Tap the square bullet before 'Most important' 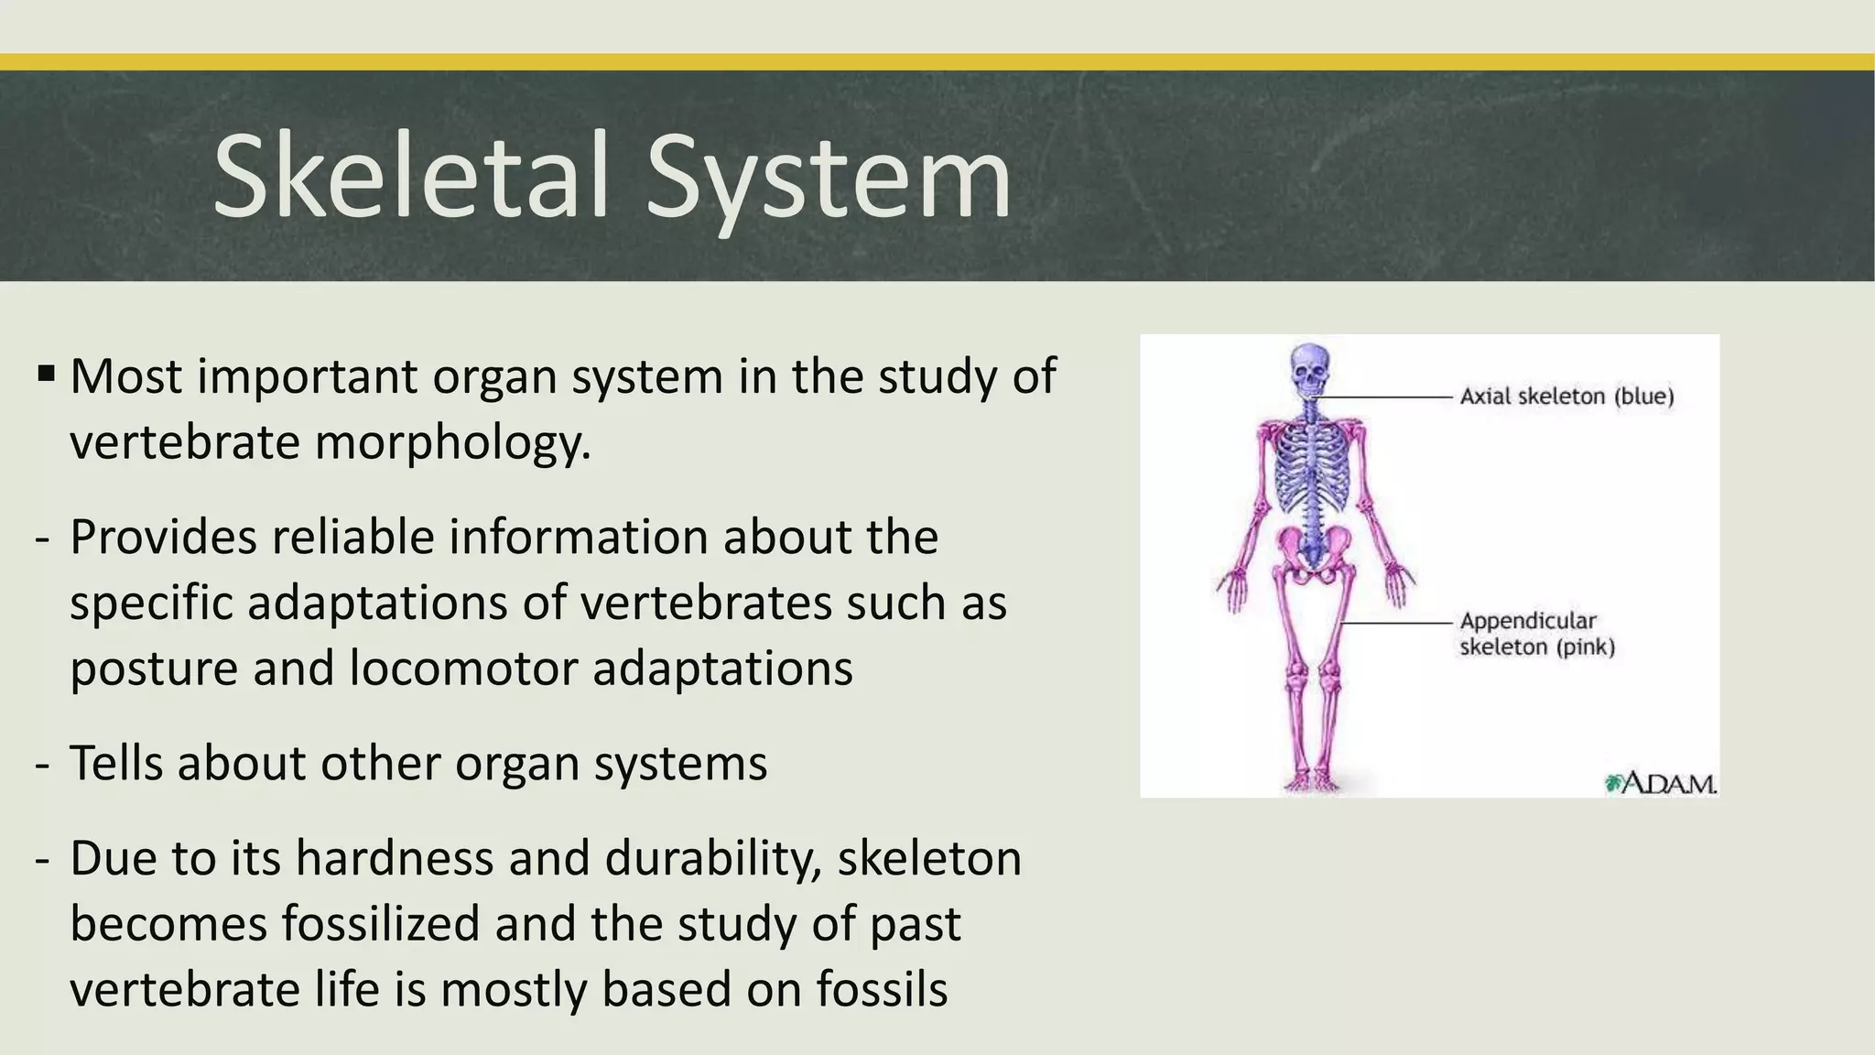point(47,374)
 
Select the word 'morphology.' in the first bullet point(453,444)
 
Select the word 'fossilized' point(380,924)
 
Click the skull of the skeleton point(1311,367)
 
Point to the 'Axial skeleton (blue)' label point(1566,397)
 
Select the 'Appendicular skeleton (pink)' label point(1537,634)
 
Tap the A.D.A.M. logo point(1662,784)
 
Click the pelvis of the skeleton point(1311,554)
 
